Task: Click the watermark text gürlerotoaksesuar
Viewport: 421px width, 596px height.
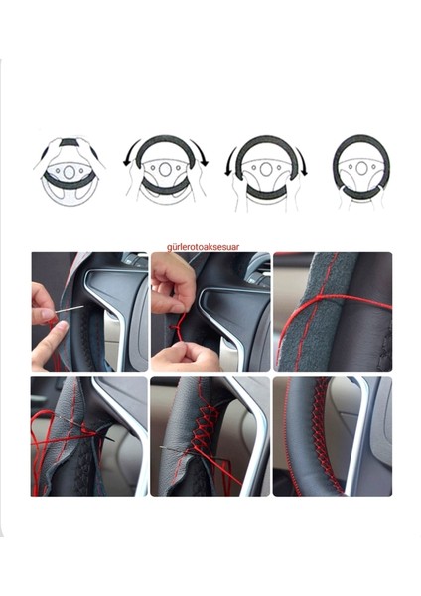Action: pyautogui.click(x=211, y=241)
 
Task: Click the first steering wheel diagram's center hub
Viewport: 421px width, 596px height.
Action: pyautogui.click(x=69, y=170)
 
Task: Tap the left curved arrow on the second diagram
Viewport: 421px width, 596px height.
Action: pyautogui.click(x=129, y=156)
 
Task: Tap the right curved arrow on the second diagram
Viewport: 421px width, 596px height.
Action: pyautogui.click(x=203, y=156)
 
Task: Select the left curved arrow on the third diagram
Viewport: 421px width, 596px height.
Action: pyautogui.click(x=231, y=162)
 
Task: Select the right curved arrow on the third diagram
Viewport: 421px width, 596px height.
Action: pyautogui.click(x=301, y=162)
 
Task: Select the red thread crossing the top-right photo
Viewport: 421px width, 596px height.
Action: pyautogui.click(x=333, y=308)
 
